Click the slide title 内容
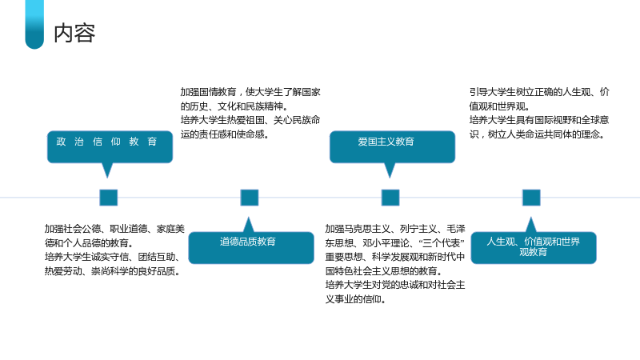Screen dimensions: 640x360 tap(74, 33)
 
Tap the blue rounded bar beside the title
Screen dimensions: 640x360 tap(34, 25)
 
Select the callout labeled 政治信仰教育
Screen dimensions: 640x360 tap(110, 146)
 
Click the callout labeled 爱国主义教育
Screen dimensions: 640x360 tap(392, 146)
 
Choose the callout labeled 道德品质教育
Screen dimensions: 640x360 tap(251, 247)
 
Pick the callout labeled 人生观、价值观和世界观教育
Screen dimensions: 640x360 tap(534, 247)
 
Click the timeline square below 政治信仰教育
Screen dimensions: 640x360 tap(109, 198)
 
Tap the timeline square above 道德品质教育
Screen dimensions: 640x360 tap(250, 198)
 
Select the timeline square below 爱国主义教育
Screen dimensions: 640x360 tap(390, 198)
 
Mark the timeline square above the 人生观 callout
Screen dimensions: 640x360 tap(531, 198)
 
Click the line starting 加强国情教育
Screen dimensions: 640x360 tap(250, 92)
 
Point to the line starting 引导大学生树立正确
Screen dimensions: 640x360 tap(539, 92)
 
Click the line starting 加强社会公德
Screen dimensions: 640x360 tap(114, 229)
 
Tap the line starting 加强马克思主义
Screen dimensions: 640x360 tap(395, 229)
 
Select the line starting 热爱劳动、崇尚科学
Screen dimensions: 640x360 tap(112, 271)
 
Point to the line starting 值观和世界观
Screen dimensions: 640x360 tap(499, 106)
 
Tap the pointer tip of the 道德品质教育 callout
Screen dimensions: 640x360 tap(248, 217)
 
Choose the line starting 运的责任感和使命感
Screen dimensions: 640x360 tap(225, 134)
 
